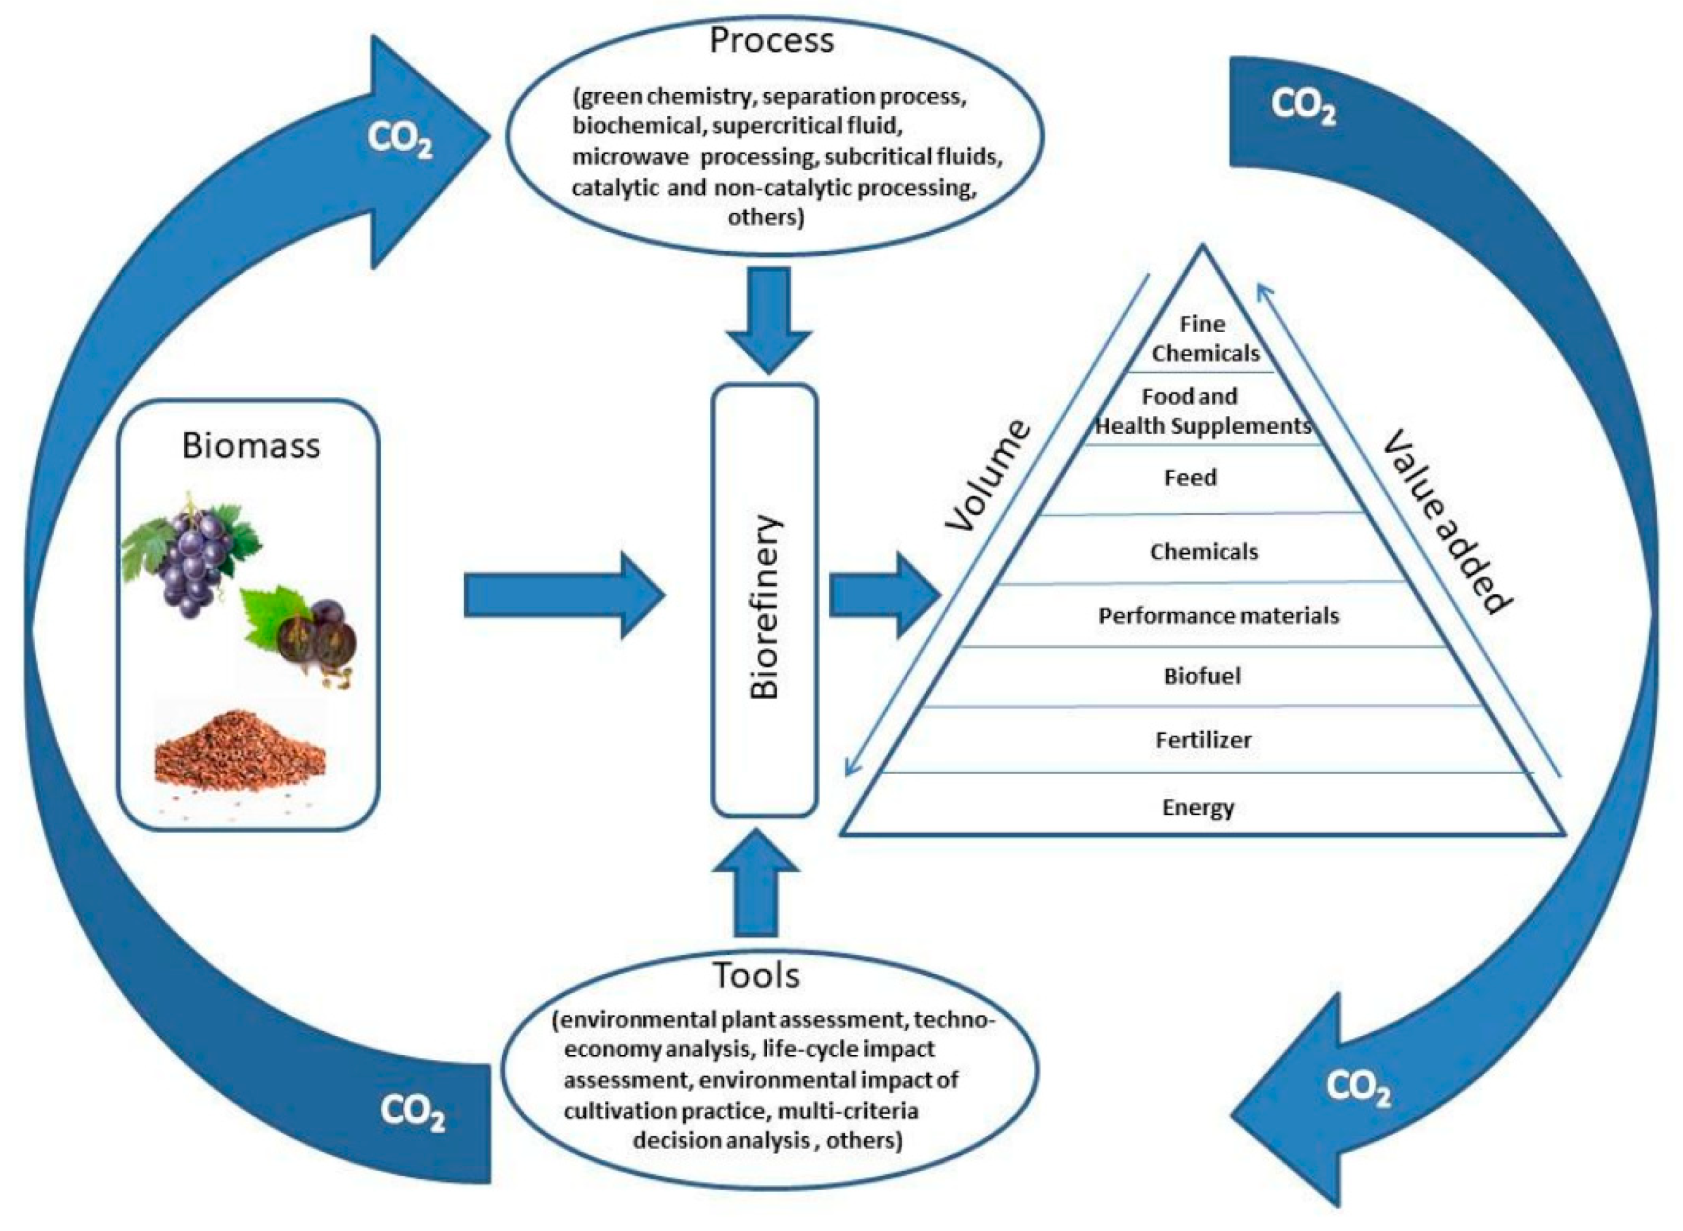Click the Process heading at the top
(x=771, y=40)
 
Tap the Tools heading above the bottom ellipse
(x=756, y=975)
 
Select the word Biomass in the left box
(x=251, y=445)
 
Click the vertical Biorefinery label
(x=764, y=606)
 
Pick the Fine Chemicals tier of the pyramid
(x=1203, y=338)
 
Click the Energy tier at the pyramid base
(x=1198, y=807)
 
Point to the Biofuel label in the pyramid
(x=1202, y=676)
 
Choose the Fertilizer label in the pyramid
(x=1203, y=740)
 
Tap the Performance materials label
(x=1218, y=615)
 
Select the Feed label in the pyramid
(x=1190, y=477)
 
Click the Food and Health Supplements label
(x=1201, y=411)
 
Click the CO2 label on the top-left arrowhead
(x=400, y=139)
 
